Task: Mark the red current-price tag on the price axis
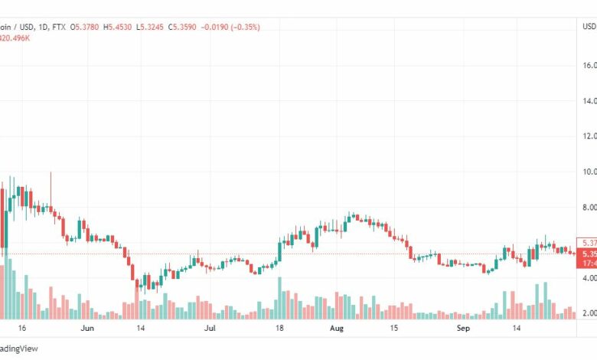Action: pos(586,254)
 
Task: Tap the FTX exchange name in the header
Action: pos(57,28)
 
